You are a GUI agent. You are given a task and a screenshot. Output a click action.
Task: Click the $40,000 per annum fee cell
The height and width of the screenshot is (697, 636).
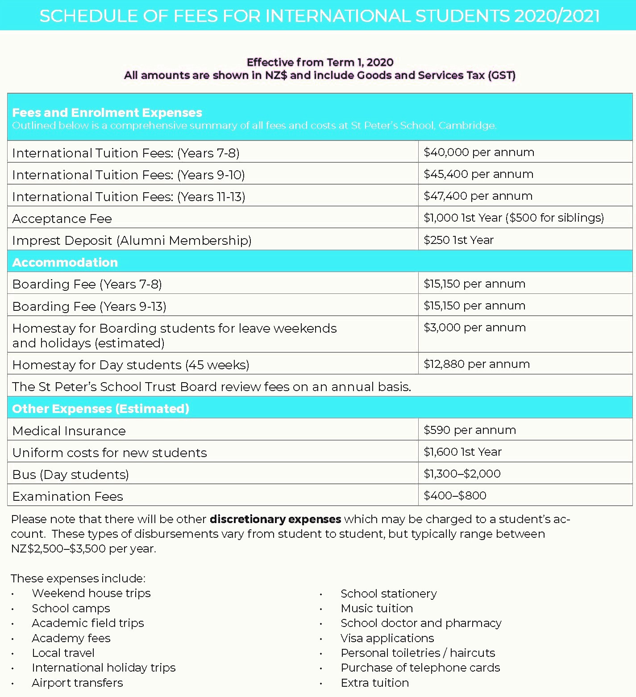coord(478,153)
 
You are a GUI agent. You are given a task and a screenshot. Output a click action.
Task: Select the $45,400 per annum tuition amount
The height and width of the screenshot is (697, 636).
coord(478,174)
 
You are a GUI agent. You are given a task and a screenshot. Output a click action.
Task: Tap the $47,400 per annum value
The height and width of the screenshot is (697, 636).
coord(478,196)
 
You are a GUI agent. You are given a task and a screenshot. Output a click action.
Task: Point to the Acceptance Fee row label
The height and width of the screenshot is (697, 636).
coord(62,219)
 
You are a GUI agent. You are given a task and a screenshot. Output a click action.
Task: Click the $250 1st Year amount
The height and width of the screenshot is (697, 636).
coord(458,240)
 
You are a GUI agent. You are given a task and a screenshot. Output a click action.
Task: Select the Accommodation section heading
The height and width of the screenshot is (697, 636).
coord(65,262)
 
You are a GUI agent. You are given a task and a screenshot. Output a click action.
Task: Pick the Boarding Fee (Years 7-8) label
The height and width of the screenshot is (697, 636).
coord(87,285)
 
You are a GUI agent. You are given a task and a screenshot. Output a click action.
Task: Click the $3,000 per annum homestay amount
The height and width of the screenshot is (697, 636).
coord(474,328)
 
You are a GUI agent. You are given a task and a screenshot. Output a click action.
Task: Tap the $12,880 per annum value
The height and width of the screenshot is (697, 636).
coord(476,364)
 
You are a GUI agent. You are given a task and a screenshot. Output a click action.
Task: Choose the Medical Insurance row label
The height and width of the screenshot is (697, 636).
coord(69,431)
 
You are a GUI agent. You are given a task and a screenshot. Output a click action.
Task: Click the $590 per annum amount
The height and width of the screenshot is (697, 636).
coord(470,430)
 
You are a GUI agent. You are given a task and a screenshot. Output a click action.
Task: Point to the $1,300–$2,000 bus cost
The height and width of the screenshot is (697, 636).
coord(462,474)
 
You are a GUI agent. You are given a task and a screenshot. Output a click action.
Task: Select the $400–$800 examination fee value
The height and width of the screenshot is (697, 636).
coord(455,496)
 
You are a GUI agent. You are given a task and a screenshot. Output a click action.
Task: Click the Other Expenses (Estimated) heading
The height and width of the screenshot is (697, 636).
coord(101,409)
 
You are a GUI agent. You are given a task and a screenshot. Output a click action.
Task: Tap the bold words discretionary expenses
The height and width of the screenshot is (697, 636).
coord(275,520)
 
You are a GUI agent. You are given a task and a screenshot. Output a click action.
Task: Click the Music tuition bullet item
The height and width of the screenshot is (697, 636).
coord(377,609)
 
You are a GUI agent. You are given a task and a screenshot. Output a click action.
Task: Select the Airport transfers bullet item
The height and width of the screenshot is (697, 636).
coord(77,683)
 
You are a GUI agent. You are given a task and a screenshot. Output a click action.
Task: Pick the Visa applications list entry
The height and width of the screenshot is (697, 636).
coord(387,639)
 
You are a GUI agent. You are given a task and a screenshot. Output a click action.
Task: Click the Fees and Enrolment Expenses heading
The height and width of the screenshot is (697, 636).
coord(107,113)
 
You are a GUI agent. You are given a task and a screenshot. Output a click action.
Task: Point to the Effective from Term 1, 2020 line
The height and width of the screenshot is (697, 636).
coord(320,62)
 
